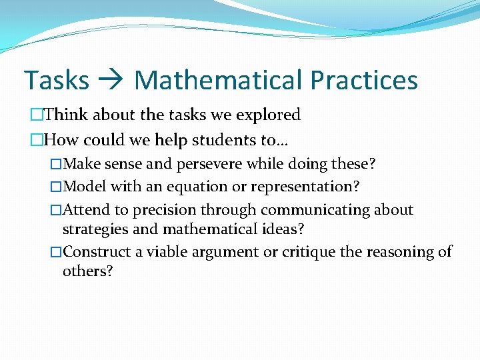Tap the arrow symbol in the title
click(111, 81)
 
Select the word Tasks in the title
click(57, 81)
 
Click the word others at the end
click(87, 271)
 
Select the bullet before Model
click(56, 187)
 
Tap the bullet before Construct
click(56, 252)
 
